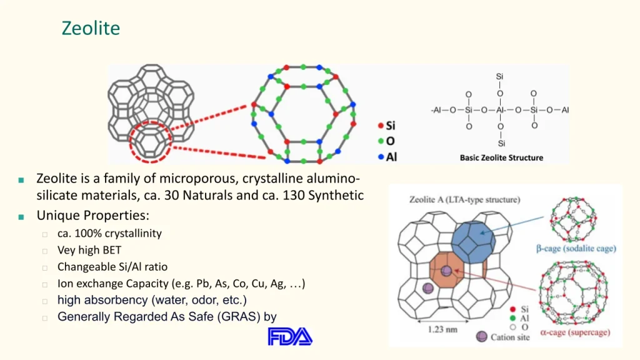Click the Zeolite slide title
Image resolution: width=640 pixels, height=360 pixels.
91,28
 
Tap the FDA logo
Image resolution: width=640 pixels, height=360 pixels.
290,337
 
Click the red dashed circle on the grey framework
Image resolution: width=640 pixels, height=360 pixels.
131,142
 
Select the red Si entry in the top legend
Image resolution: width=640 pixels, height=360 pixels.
386,125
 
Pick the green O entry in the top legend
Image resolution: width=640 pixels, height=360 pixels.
386,141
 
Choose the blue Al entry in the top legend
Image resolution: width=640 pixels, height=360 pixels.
387,157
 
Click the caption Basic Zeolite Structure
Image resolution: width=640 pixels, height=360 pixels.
501,157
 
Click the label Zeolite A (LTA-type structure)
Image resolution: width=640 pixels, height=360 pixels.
464,199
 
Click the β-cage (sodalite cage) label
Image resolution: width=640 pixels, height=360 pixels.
576,249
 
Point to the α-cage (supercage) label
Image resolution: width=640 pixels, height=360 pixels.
575,332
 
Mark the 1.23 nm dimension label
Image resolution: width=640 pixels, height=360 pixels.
442,329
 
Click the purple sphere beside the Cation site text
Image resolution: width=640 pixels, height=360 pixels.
482,337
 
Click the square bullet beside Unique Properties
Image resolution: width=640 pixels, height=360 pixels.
21,217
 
